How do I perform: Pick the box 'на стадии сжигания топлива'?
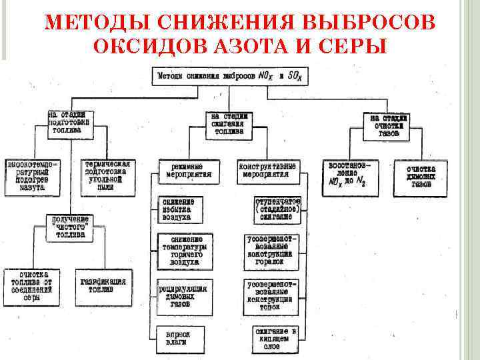tap(228, 124)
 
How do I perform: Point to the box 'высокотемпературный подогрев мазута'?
tap(32, 175)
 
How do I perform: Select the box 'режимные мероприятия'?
tap(185, 171)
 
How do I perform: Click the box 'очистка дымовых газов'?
tap(421, 176)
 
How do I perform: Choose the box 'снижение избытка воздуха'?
tap(184, 209)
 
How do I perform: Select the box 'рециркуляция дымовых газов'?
tap(185, 294)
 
